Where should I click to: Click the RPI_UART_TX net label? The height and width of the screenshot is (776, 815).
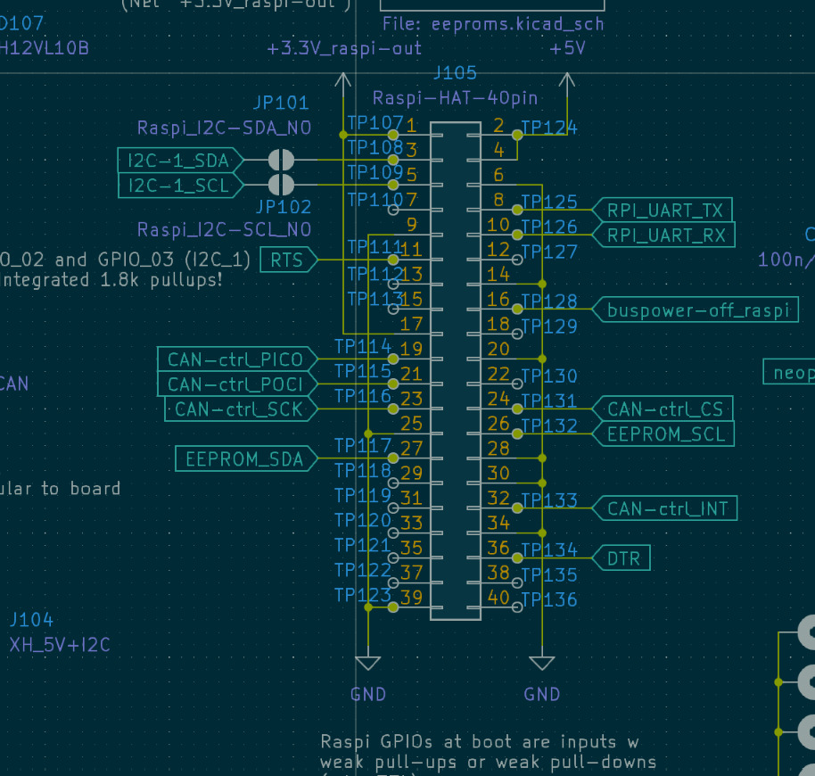point(664,211)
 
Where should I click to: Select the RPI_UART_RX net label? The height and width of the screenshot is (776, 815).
point(664,235)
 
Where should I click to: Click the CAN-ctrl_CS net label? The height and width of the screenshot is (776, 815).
point(664,409)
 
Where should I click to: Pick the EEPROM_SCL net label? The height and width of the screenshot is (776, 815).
point(664,434)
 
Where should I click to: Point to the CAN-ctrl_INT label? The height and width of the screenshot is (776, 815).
point(667,509)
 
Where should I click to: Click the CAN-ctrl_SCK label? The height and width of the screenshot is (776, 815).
point(239,409)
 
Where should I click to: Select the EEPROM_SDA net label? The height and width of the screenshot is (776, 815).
point(243,459)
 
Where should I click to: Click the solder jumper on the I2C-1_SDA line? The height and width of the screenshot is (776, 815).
point(282,161)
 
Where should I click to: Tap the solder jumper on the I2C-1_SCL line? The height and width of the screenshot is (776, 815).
point(282,186)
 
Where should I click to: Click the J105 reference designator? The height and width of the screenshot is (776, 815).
point(455,73)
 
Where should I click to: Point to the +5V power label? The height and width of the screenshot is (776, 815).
point(568,49)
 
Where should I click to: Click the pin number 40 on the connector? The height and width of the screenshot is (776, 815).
point(498,598)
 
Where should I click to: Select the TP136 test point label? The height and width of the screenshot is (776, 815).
point(549,599)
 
